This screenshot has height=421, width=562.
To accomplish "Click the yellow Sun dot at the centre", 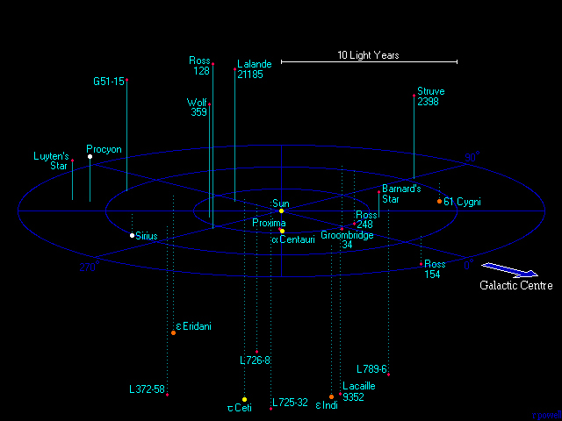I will pos(281,210).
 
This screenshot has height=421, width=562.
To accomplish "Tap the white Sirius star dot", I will pos(133,235).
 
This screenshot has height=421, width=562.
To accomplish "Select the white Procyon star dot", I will pos(90,157).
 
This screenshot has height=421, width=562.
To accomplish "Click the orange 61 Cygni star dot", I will pos(440,202).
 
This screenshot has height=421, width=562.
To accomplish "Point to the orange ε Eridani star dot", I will pos(174,332).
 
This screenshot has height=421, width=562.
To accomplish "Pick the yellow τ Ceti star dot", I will pos(245,399).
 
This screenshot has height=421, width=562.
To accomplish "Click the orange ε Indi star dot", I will pos(331,396).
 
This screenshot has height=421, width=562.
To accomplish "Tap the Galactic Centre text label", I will pos(515,286).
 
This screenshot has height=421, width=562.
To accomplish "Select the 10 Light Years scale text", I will pos(368,55).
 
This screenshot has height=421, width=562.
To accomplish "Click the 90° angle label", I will pos(472,158).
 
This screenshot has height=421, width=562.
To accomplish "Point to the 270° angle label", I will pos(88,268).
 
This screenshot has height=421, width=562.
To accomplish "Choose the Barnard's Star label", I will pos(402,194).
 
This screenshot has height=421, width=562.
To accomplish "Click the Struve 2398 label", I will pos(429,96).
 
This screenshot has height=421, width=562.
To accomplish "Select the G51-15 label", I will pos(109,82).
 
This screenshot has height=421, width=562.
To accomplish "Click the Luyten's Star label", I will pos(51,161).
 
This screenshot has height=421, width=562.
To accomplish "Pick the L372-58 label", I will pos(147,389).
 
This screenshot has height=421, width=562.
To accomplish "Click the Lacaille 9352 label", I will pos(359,391).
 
